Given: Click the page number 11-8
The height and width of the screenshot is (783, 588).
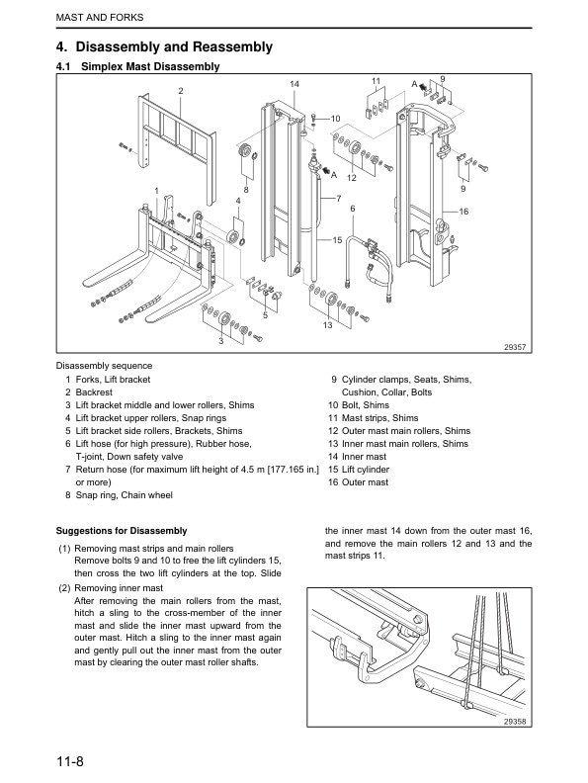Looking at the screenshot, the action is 70,761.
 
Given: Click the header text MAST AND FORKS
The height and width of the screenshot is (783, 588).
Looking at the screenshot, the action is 100,18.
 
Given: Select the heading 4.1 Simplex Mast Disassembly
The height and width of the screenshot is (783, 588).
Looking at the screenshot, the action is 137,66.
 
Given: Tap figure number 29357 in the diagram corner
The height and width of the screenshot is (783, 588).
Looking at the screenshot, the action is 515,347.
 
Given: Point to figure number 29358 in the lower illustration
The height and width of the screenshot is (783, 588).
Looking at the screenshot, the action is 515,722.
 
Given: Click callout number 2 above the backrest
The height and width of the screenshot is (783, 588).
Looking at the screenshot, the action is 181,91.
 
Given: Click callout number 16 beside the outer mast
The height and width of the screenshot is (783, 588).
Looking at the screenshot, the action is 463,212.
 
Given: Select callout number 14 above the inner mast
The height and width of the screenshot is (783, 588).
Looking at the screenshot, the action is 294,84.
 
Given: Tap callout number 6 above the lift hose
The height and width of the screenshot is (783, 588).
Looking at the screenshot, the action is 353,209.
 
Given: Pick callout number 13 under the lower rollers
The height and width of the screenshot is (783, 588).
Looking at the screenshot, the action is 327,325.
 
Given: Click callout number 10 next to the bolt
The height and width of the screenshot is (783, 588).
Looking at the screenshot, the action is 335,119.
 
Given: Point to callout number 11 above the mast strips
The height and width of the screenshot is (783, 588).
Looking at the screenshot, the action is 376,81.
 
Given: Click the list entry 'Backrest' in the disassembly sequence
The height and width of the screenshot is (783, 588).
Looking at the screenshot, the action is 94,392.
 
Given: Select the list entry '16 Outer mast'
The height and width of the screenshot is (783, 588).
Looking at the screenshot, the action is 358,482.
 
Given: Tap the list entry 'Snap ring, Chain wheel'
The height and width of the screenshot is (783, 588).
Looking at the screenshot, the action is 124,495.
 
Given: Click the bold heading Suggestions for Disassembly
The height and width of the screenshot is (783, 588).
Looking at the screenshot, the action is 122,531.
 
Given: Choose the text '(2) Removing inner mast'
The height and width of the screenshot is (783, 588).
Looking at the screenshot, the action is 111,588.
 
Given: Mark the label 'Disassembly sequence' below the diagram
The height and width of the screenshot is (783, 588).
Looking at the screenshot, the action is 104,366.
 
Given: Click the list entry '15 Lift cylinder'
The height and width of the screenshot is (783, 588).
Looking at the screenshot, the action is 359,470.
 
